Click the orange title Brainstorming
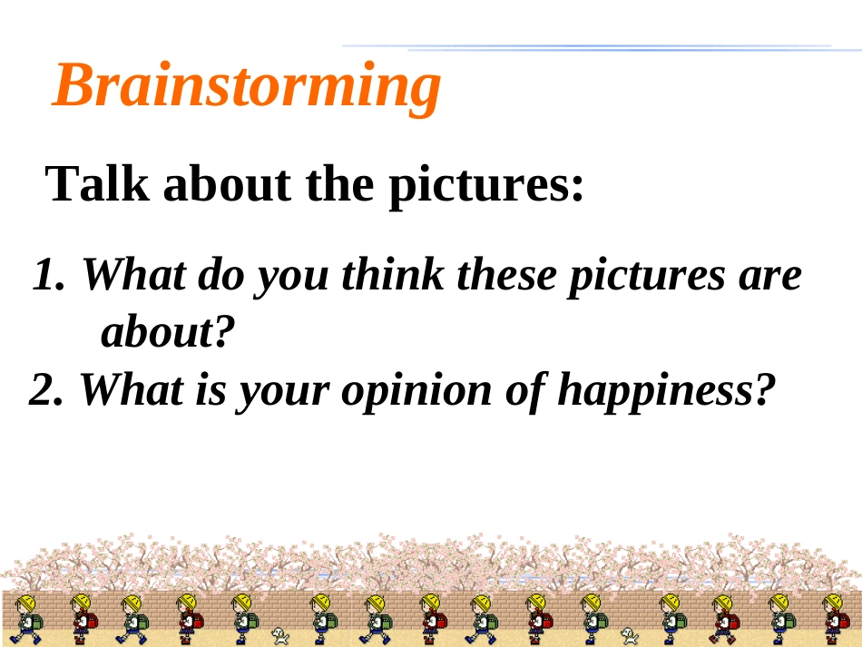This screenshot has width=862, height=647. [x=246, y=87]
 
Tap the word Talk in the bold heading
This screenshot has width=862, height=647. [x=97, y=183]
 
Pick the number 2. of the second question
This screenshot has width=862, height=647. [x=46, y=389]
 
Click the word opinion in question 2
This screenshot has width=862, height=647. [x=416, y=391]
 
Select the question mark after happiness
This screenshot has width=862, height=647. [x=765, y=389]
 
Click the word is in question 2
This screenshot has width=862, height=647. [x=211, y=388]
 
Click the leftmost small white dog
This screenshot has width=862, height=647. [x=280, y=636]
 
